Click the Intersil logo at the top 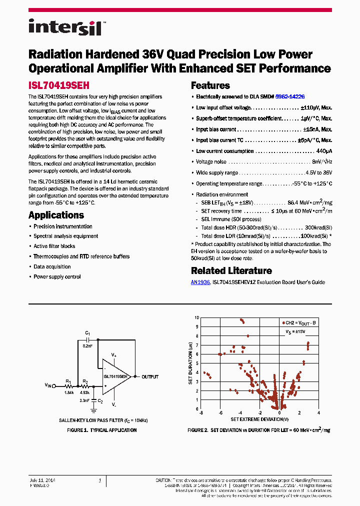tap(65, 27)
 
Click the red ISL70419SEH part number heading tap(58, 85)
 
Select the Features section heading tap(210, 85)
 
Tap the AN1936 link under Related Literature tap(200, 282)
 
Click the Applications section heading tap(56, 215)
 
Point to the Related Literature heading tap(231, 271)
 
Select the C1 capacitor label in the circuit tap(87, 333)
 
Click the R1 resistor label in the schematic tap(68, 381)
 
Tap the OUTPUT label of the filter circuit tap(150, 377)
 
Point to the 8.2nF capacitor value tap(87, 345)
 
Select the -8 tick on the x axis tap(200, 413)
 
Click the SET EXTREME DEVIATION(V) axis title tap(259, 419)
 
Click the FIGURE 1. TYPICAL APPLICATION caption tap(101, 430)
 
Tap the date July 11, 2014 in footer tap(42, 480)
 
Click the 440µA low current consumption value tap(324, 151)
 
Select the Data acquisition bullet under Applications tap(52, 266)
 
